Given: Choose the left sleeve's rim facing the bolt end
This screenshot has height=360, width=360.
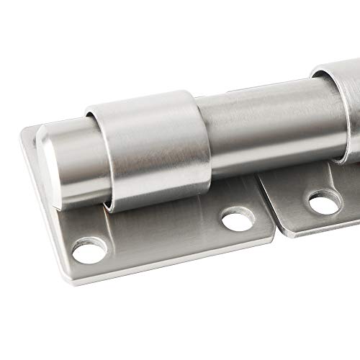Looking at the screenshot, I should click(101, 155).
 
